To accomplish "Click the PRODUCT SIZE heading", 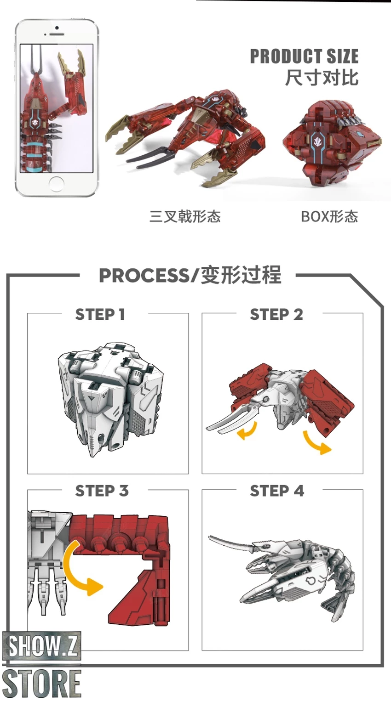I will [304, 57].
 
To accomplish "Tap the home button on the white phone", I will [57, 184].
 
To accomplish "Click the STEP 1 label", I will [100, 314].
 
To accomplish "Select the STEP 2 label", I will [276, 314].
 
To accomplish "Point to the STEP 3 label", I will [102, 491].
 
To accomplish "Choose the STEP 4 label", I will [277, 491].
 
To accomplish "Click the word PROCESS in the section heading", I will [144, 276].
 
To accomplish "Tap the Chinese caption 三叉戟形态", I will [185, 216].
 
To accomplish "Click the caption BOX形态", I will [329, 216].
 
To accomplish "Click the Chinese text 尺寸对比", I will [322, 78].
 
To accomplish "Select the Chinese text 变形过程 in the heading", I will [241, 276].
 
